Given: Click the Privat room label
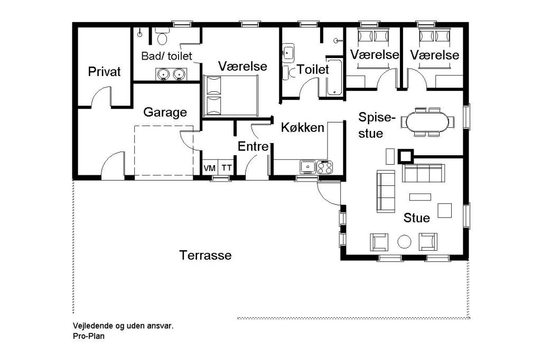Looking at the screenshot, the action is (104, 72).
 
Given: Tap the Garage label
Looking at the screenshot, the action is (165, 112).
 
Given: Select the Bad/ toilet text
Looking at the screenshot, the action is (166, 56).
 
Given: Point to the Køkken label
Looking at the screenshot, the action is (303, 128).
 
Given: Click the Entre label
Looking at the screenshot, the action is (253, 147).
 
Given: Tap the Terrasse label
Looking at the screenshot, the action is (206, 255).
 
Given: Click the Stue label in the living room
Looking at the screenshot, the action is (416, 218).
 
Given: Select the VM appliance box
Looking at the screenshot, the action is (209, 168).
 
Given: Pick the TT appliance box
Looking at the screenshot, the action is (226, 168).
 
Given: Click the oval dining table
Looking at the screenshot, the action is (427, 122).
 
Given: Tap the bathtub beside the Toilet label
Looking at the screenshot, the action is (334, 77).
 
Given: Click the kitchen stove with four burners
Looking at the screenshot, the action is (325, 167).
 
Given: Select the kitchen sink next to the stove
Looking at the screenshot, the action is (307, 167).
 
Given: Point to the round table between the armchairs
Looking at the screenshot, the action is (404, 242).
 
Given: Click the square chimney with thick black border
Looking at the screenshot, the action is (405, 156).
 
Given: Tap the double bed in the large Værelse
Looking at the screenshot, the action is (230, 96).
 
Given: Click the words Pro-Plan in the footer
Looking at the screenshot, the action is (89, 336).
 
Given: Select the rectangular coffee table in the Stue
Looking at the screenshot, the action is (420, 197).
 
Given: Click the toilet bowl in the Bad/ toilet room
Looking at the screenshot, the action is (162, 39).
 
